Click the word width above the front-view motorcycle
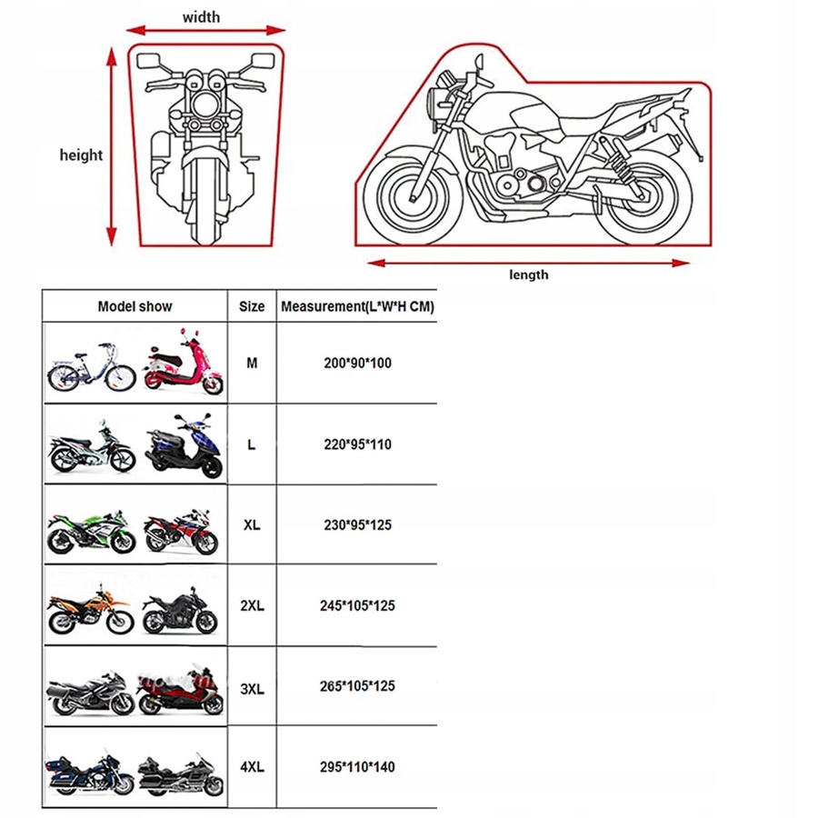pos(201,17)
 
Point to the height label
pos(82,155)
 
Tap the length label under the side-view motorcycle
pos(528,274)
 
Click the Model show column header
pos(135,307)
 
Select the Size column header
pos(252,307)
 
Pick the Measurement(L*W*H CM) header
pos(357,307)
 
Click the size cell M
pos(252,364)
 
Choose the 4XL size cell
pos(252,767)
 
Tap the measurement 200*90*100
pos(357,364)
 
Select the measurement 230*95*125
pos(357,525)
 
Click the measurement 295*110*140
pos(357,767)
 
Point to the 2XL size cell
pos(252,605)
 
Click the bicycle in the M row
pos(91,366)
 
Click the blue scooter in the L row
pos(183,447)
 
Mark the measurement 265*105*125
pos(357,686)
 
